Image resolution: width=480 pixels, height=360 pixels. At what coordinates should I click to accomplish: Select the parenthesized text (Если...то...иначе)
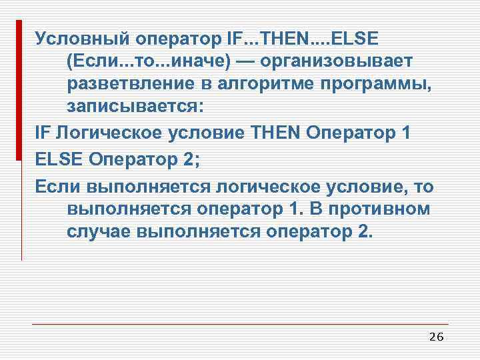149,61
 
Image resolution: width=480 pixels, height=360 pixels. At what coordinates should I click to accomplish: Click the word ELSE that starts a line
57,158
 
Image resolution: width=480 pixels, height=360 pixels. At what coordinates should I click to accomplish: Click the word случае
98,232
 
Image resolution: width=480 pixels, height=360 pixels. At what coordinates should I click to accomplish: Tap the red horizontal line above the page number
240,325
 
